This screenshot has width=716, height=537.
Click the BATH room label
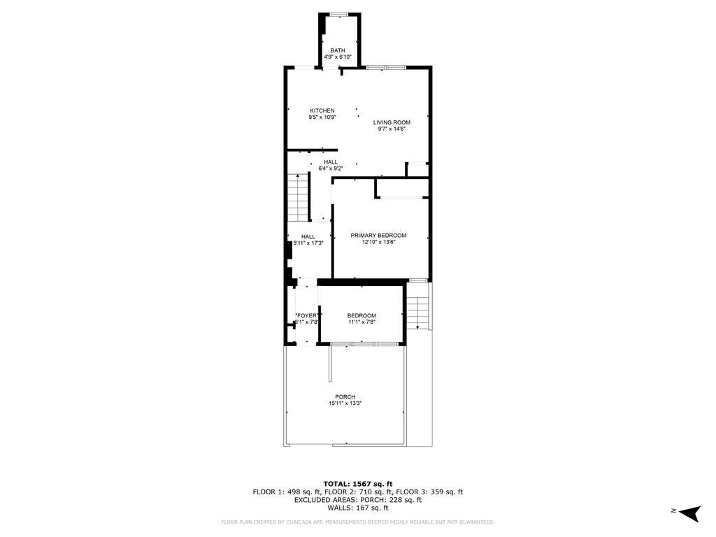pyautogui.click(x=338, y=50)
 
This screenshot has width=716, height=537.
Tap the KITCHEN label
pyautogui.click(x=322, y=110)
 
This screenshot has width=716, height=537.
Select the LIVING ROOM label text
pyautogui.click(x=392, y=122)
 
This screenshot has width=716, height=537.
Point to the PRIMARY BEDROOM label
pyautogui.click(x=378, y=236)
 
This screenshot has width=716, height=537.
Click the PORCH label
pyautogui.click(x=345, y=397)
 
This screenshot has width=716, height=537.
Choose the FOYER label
pyautogui.click(x=308, y=316)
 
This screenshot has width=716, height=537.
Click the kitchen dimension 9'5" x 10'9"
pyautogui.click(x=322, y=117)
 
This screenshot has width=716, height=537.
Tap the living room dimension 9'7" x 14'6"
pyautogui.click(x=392, y=129)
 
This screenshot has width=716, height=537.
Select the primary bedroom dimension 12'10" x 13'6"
pyautogui.click(x=378, y=243)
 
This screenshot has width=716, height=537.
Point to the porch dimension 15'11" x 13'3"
pyautogui.click(x=345, y=403)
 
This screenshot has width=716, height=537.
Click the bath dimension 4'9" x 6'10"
pyautogui.click(x=338, y=57)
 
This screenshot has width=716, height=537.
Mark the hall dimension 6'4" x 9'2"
pyautogui.click(x=331, y=169)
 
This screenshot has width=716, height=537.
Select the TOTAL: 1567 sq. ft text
pyautogui.click(x=357, y=484)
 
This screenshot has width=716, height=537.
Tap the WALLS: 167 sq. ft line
pyautogui.click(x=357, y=508)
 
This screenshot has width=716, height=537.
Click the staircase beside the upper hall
pyautogui.click(x=299, y=196)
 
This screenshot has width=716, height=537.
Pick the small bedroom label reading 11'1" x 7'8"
pyautogui.click(x=362, y=322)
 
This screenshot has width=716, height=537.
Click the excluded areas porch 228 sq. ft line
pyautogui.click(x=357, y=500)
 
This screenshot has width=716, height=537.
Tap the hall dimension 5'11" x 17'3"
pyautogui.click(x=308, y=243)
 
